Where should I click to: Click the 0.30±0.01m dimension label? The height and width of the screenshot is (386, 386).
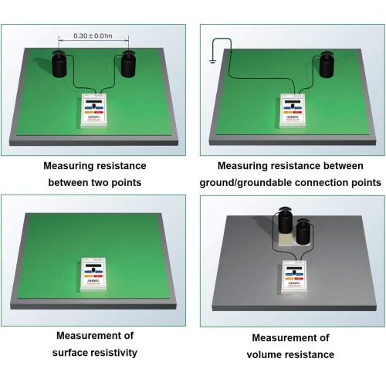pyautogui.click(x=92, y=35)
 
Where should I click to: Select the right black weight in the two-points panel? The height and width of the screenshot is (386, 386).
pyautogui.click(x=129, y=65)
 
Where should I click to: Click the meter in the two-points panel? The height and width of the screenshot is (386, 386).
pyautogui.click(x=96, y=110)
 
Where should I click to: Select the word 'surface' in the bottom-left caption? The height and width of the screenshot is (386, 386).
pyautogui.click(x=70, y=353)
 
